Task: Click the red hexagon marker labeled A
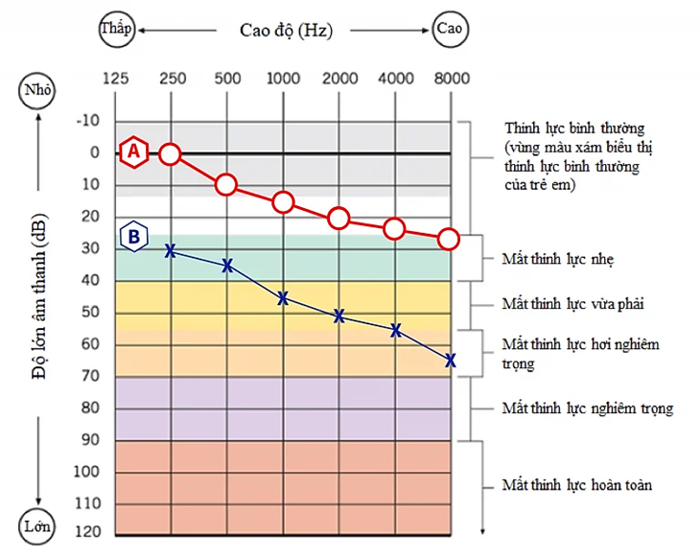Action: pyautogui.click(x=134, y=151)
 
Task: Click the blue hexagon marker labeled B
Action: pyautogui.click(x=134, y=235)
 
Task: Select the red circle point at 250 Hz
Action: pyautogui.click(x=170, y=152)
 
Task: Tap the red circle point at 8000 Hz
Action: pyautogui.click(x=449, y=239)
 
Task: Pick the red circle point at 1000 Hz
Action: pyautogui.click(x=283, y=201)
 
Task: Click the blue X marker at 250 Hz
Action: pyautogui.click(x=171, y=250)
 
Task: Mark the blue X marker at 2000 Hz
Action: pyautogui.click(x=338, y=315)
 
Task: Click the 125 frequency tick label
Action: pyautogui.click(x=115, y=79)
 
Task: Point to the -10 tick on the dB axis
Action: pyautogui.click(x=88, y=121)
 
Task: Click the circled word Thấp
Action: pyautogui.click(x=116, y=29)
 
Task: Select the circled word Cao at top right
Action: pyautogui.click(x=449, y=29)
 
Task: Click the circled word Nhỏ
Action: pyautogui.click(x=37, y=92)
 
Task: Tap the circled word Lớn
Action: pyautogui.click(x=37, y=526)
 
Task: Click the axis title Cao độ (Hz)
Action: pyautogui.click(x=286, y=30)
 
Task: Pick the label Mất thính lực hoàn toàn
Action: pyautogui.click(x=577, y=485)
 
